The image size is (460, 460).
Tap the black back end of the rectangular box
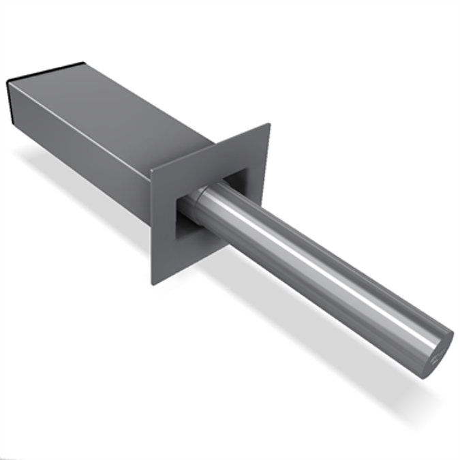tap(12, 102)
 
